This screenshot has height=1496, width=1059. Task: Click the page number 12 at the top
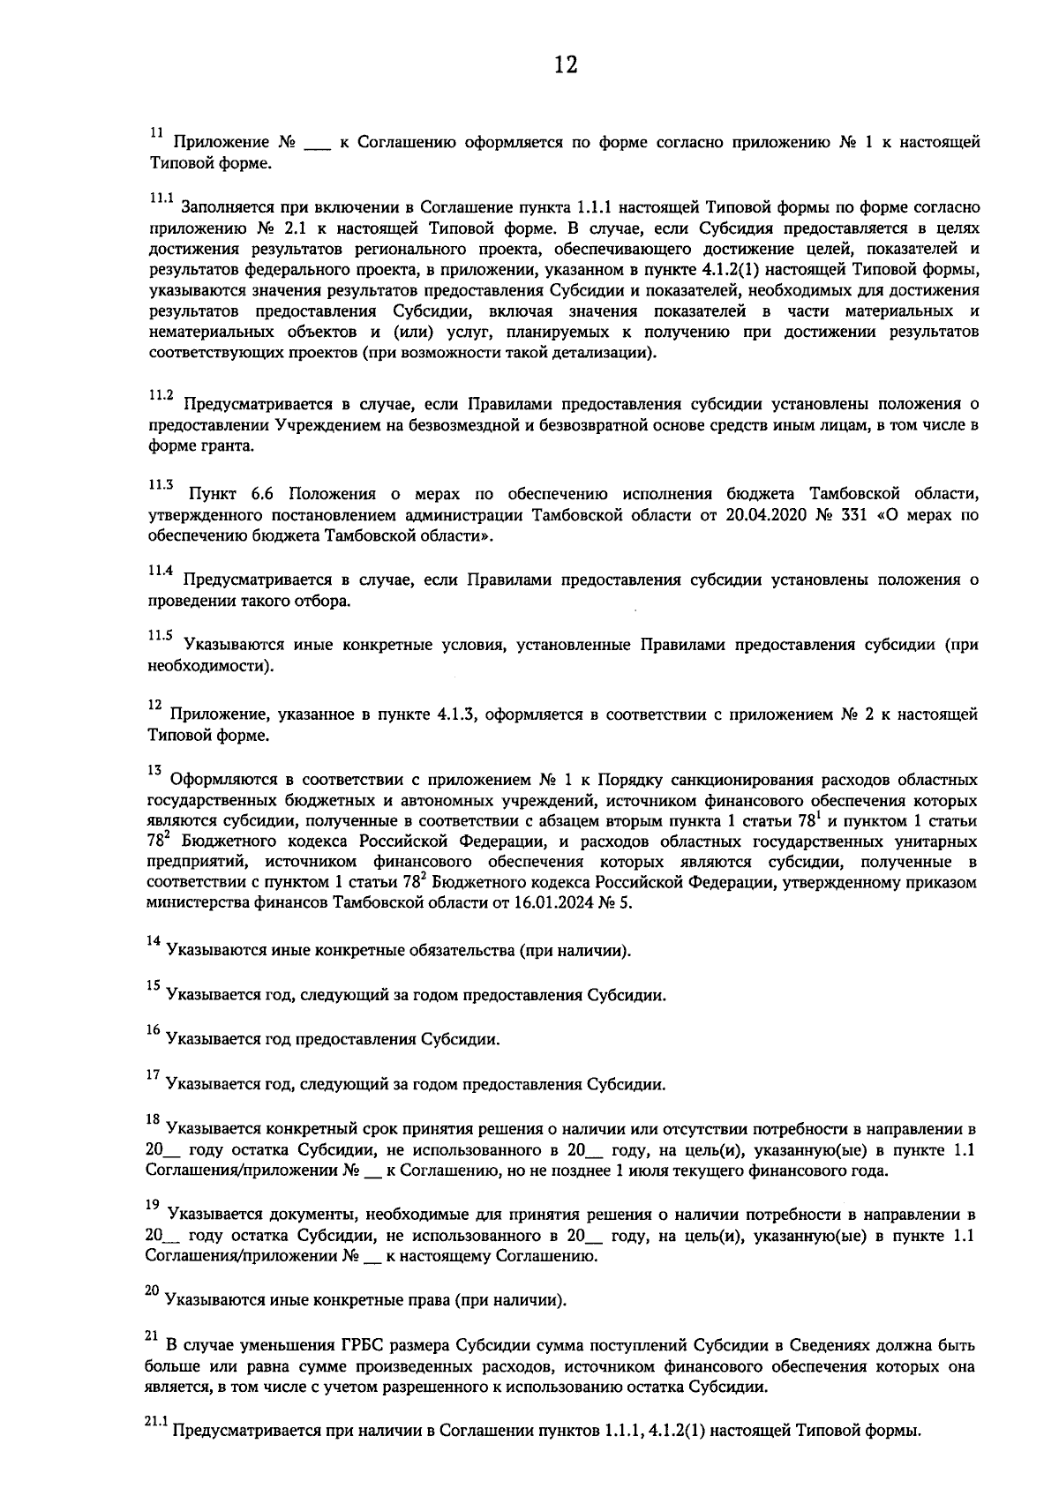[565, 64]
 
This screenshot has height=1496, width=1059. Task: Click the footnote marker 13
[154, 770]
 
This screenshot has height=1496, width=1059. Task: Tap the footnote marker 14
[153, 942]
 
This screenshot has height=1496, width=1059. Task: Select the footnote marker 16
[153, 1030]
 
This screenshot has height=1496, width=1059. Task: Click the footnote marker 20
[153, 1291]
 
